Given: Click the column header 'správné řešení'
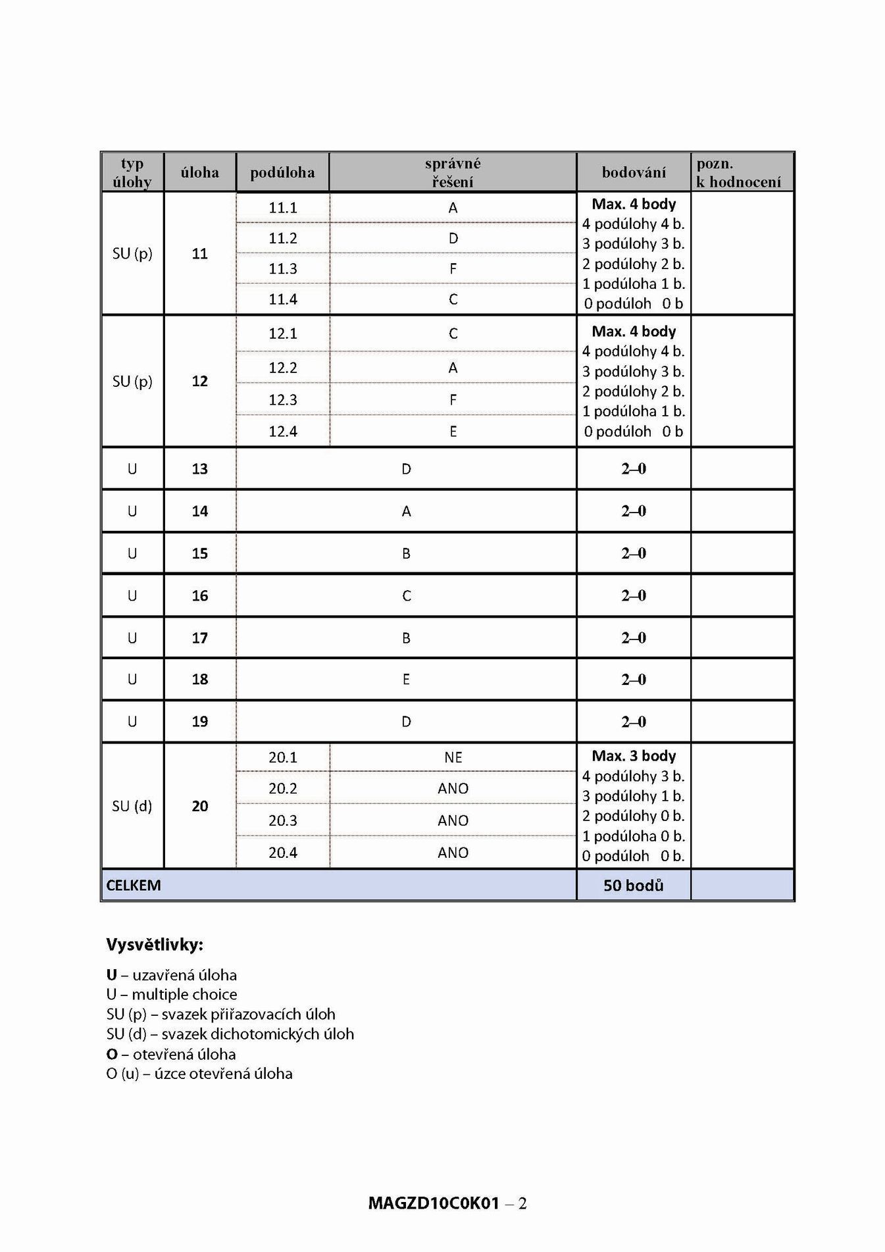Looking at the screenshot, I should point(453,172).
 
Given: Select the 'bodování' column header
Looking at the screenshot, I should point(634,172).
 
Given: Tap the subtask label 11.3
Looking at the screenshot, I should point(283,268).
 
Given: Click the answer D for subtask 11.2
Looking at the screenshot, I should point(453,238).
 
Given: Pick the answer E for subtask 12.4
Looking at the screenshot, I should point(453,432).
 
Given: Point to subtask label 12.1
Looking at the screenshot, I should point(283,334).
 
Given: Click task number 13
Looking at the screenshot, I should point(200,469).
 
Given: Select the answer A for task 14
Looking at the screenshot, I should point(406,511).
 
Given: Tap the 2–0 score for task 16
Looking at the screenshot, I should point(634,595).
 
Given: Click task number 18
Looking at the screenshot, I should point(200,680).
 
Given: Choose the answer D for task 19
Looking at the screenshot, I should point(406,722).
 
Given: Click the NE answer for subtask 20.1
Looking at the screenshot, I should point(453,757).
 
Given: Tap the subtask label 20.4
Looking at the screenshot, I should point(283,853).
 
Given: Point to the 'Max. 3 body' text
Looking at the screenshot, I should point(634,756).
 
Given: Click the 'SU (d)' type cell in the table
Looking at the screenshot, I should point(132,806).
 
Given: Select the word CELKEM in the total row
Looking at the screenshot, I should point(134,886).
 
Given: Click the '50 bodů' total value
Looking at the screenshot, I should point(634,886).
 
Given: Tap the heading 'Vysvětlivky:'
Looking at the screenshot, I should point(155,945).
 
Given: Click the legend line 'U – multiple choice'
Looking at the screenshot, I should point(172,994).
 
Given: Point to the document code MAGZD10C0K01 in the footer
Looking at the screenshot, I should point(434,1203).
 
